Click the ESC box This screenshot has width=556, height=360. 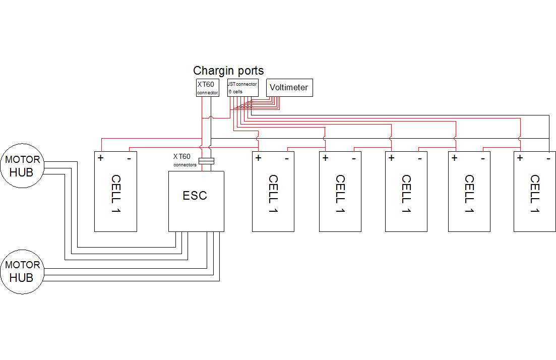coord(196,201)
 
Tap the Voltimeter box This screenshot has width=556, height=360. coord(289,88)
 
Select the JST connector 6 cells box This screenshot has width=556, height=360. coord(242,87)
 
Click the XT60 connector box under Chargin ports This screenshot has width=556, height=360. coord(207,87)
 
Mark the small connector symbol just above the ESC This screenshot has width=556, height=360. coord(206,161)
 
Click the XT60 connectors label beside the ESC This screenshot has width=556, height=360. coord(184,160)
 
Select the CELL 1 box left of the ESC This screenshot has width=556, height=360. coord(115,192)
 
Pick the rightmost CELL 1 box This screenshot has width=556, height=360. coord(534,192)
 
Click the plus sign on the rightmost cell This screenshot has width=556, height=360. coord(520,158)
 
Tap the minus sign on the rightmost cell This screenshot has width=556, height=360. coord(548,158)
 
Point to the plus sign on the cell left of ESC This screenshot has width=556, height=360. coord(101,158)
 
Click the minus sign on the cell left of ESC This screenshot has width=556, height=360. coord(129,158)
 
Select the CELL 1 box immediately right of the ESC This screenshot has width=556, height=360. coord(273,192)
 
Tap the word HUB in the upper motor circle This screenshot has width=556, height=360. coord(21,172)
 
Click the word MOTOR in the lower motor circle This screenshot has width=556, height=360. coord(22,265)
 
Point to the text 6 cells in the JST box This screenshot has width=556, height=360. coord(235,92)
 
